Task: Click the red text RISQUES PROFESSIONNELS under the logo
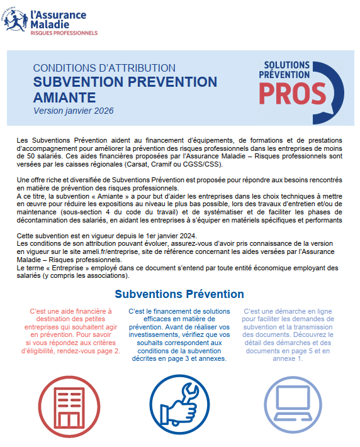pyautogui.click(x=64, y=33)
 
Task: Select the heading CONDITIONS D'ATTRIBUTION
pyautogui.click(x=104, y=68)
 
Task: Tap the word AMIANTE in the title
pyautogui.click(x=65, y=97)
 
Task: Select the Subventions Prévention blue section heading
pyautogui.click(x=179, y=294)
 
